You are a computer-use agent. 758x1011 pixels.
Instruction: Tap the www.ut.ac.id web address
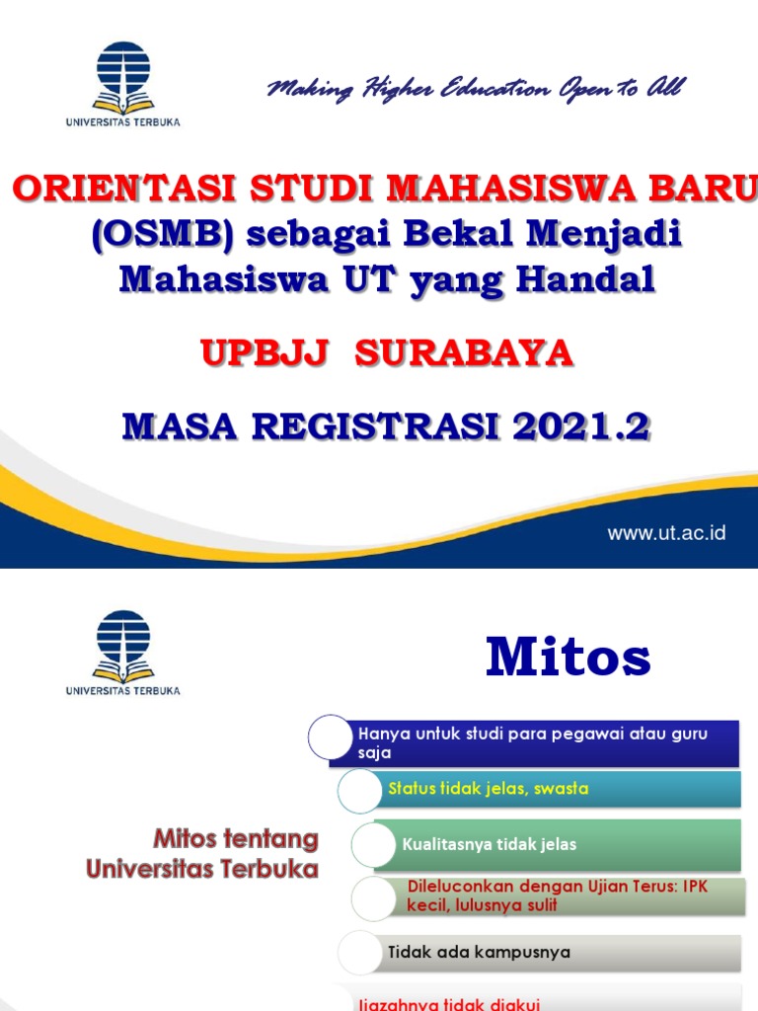(x=666, y=533)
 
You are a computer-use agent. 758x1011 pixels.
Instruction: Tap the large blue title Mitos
(x=568, y=658)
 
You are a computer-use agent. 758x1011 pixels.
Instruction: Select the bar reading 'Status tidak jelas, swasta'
(x=559, y=789)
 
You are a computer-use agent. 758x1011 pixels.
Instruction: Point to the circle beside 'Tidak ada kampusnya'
(x=359, y=953)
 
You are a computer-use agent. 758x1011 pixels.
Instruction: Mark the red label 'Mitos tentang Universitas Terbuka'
(x=202, y=854)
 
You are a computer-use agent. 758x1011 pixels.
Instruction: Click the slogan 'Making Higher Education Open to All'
(x=475, y=90)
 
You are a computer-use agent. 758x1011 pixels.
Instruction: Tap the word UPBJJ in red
(x=264, y=353)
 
